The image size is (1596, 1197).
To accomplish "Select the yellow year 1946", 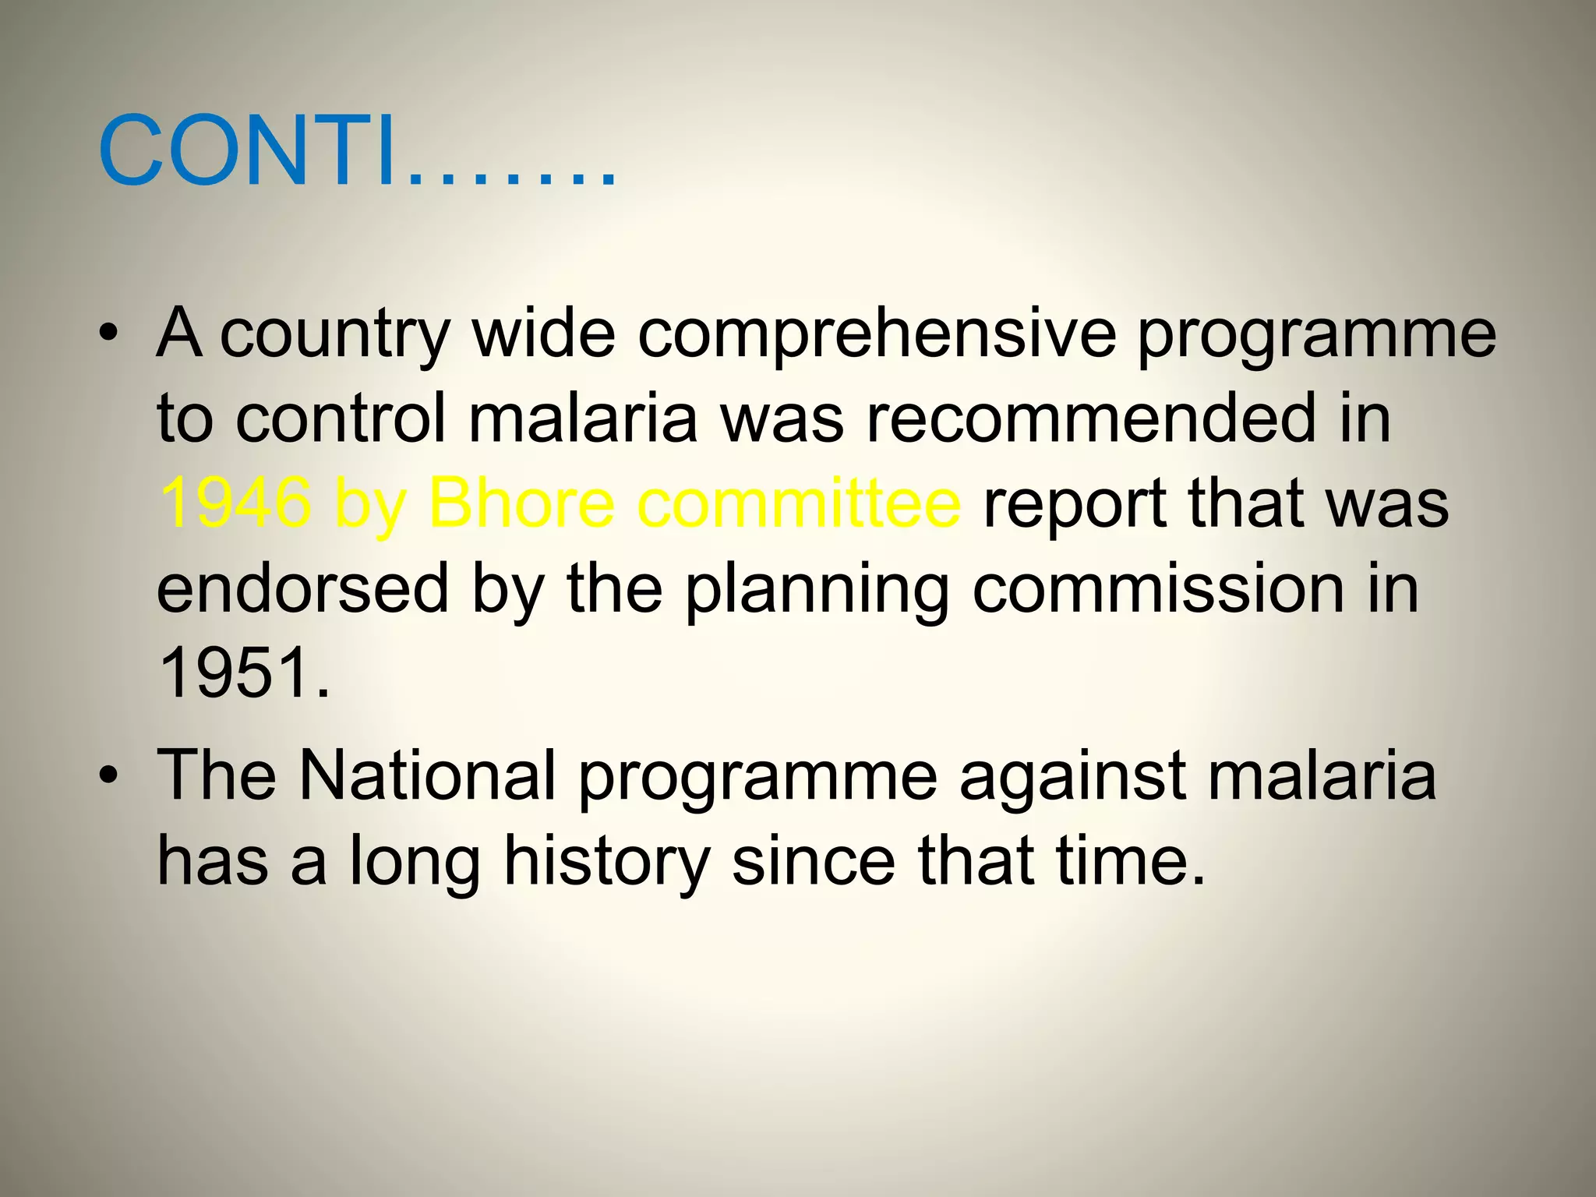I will point(235,503).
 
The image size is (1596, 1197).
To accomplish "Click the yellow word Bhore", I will point(521,503).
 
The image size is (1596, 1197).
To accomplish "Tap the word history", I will point(607,862).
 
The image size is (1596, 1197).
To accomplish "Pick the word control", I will point(341,419).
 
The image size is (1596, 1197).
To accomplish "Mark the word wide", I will point(544,334).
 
